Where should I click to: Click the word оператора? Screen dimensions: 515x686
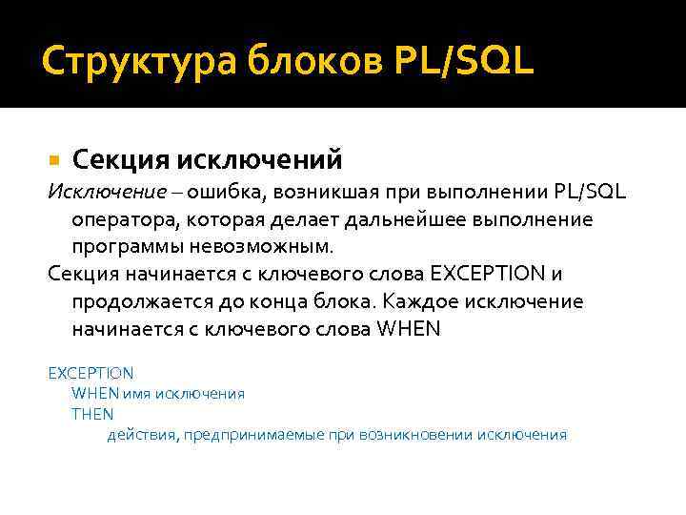coord(121,219)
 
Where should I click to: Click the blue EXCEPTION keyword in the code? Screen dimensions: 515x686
coord(91,373)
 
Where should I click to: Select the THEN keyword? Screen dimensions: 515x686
coord(92,414)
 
